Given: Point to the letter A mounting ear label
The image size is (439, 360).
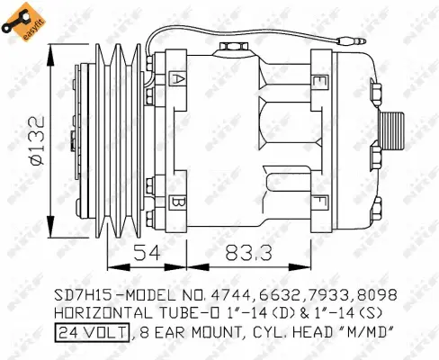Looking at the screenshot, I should coord(180,81).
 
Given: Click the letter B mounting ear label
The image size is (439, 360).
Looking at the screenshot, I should coord(180,202).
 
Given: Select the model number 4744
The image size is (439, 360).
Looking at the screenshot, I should coord(229,295).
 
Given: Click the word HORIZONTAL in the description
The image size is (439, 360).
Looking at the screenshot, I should coord(94,312).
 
